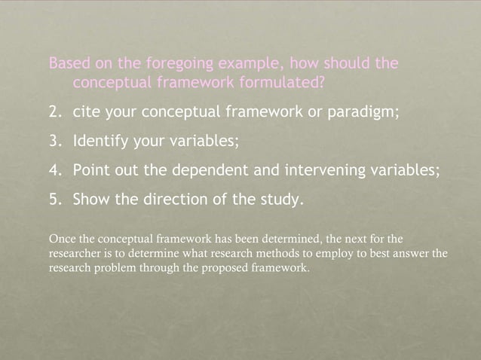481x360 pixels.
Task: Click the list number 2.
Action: pos(54,111)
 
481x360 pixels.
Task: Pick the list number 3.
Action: pos(54,141)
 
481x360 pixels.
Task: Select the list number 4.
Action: pos(54,169)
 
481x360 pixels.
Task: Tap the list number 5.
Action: pos(54,199)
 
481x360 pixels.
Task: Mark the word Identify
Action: pos(100,141)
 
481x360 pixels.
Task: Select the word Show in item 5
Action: pos(91,199)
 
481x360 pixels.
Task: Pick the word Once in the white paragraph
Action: pos(62,239)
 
